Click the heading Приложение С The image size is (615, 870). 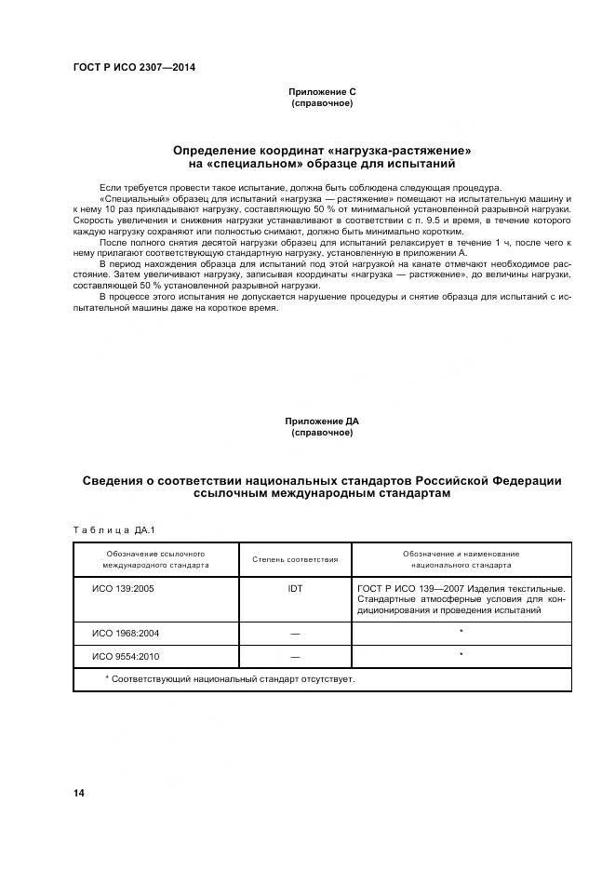point(322,91)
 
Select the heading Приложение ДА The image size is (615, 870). point(322,422)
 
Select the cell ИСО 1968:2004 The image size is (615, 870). point(126,633)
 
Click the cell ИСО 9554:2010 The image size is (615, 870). point(126,657)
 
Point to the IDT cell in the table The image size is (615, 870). point(295,589)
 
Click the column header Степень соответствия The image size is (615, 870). point(295,559)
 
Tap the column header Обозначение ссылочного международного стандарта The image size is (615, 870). point(155,559)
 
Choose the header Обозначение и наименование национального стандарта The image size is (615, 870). point(461,559)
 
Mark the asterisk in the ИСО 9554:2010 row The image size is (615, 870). point(461,656)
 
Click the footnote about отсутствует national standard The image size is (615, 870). point(230,679)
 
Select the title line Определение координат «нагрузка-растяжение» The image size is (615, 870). point(322,150)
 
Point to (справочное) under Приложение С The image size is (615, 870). point(322,102)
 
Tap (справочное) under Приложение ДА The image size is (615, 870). point(322,433)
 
